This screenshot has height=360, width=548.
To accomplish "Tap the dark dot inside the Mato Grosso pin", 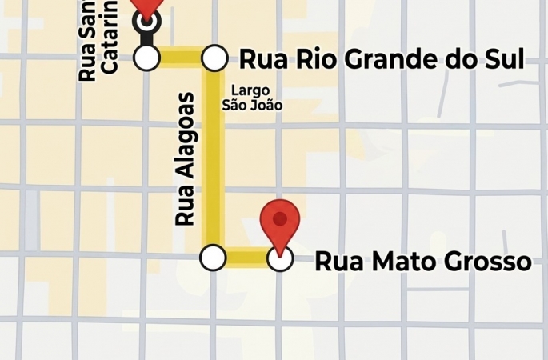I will [x=280, y=218].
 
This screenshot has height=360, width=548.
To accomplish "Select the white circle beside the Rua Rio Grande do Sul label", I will [x=213, y=58].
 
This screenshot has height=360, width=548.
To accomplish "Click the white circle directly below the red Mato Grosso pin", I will [x=279, y=258].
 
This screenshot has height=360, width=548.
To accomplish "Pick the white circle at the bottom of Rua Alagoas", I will [x=212, y=258].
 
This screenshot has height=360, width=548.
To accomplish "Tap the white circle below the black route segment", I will [x=146, y=58].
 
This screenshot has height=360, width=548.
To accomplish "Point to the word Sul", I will [x=502, y=59].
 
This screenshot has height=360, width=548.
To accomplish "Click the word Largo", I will [x=250, y=90].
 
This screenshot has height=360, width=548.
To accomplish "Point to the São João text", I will [x=252, y=105].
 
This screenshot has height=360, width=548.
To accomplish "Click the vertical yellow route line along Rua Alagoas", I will [x=213, y=160].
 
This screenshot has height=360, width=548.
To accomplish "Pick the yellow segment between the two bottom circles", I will [x=246, y=258].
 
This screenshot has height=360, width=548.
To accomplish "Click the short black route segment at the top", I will [x=146, y=35].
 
